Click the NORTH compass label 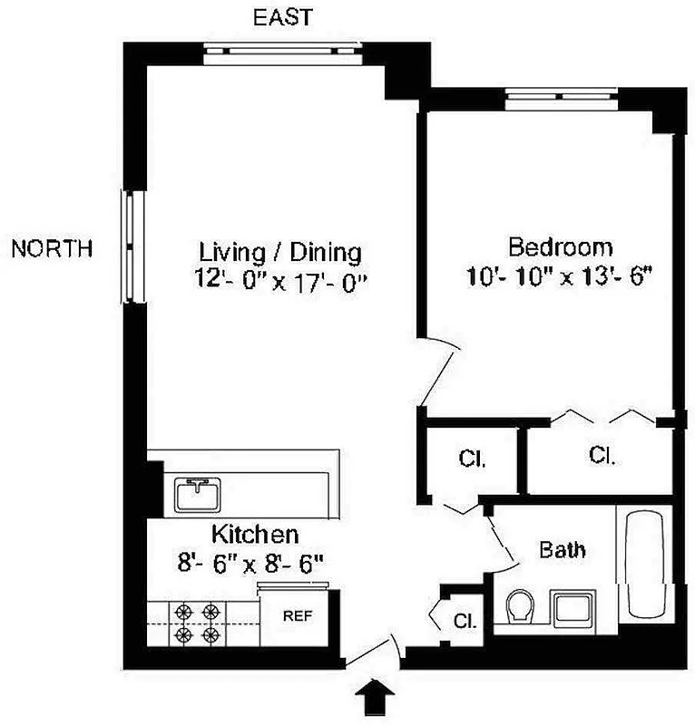[x=51, y=249]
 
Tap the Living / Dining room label [x=280, y=251]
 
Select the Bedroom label [x=559, y=246]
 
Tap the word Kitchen [x=255, y=533]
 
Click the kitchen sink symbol [x=199, y=495]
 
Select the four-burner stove [x=199, y=623]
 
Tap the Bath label [x=563, y=549]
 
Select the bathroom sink [x=573, y=608]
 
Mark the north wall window [x=133, y=247]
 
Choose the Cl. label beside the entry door [x=465, y=622]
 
